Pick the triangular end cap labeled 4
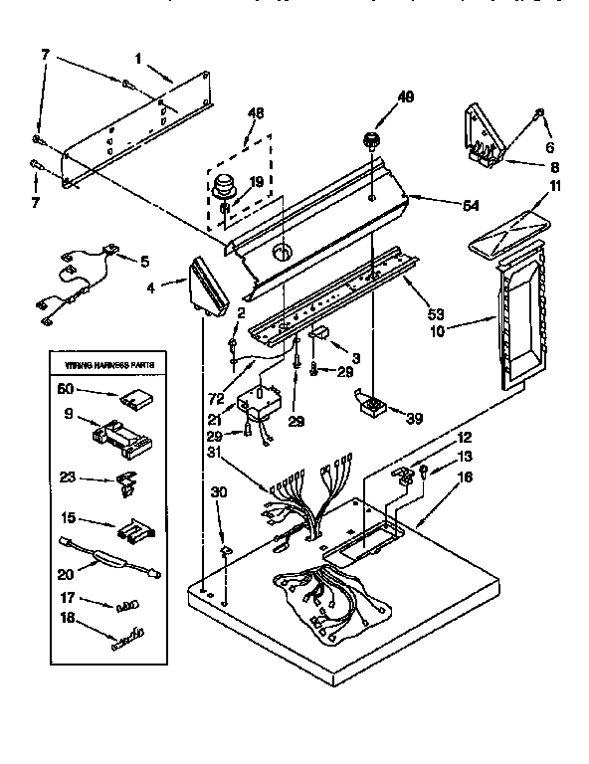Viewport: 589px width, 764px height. click(x=207, y=285)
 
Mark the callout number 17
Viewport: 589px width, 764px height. click(x=69, y=598)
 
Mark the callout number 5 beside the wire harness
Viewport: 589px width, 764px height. click(x=145, y=262)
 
